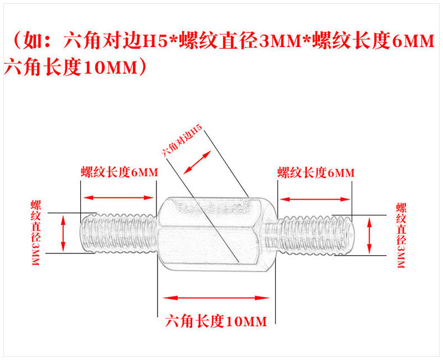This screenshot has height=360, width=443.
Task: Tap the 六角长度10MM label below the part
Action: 216,321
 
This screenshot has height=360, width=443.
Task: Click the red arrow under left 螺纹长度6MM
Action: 118,197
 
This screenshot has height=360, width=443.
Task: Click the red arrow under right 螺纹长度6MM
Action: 315,198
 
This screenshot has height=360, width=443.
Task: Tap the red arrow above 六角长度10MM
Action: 216,297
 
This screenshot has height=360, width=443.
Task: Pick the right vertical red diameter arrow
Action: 370,236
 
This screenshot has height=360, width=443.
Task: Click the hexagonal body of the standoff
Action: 216,231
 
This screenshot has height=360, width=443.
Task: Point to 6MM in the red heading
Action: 413,41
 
